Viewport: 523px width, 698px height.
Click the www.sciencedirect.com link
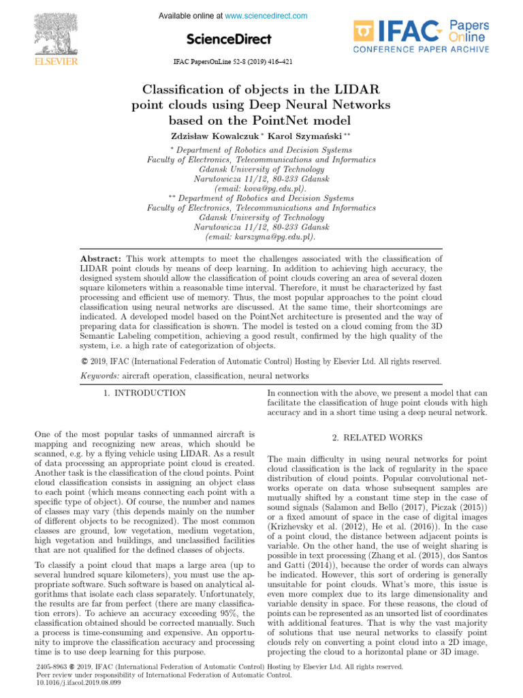click(x=266, y=16)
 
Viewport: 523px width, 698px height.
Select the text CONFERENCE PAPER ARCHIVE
click(x=420, y=49)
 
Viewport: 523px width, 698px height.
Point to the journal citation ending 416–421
click(x=233, y=61)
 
